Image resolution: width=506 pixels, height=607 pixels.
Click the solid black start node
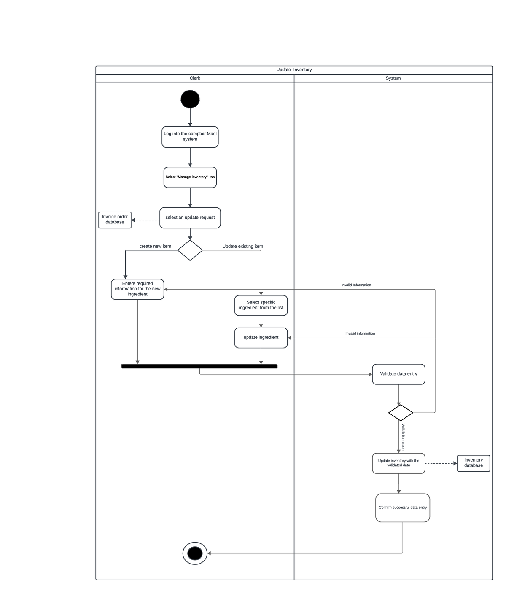click(x=190, y=99)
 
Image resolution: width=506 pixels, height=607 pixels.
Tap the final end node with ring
click(x=195, y=553)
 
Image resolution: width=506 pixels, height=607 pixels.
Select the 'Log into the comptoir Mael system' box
click(x=190, y=137)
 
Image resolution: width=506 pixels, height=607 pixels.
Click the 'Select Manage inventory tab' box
click(x=190, y=177)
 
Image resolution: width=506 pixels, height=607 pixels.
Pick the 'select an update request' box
click(x=190, y=218)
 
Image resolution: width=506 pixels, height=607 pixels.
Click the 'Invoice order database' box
click(x=115, y=220)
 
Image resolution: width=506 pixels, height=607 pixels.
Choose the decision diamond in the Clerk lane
click(x=190, y=250)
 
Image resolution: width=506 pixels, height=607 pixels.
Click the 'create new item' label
click(x=155, y=246)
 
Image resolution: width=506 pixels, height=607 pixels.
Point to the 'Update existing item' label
click(x=242, y=246)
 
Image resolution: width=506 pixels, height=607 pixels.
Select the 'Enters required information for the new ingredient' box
click(x=137, y=289)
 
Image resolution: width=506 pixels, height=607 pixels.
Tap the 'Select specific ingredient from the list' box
click(x=261, y=305)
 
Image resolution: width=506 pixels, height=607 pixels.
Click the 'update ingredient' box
click(x=261, y=338)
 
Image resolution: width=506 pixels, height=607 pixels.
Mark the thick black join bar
click(x=199, y=366)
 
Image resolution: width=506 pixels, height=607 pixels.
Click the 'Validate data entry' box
click(x=398, y=374)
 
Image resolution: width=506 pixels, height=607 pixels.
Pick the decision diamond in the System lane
click(x=400, y=413)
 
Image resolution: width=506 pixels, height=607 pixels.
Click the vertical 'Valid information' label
click(x=403, y=437)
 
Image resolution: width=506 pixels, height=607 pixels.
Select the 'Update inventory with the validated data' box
click(x=398, y=463)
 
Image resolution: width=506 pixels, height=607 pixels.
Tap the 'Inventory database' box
click(x=473, y=463)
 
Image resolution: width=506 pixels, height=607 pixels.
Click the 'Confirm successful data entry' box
click(x=402, y=508)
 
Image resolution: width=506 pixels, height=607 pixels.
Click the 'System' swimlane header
click(x=393, y=78)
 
